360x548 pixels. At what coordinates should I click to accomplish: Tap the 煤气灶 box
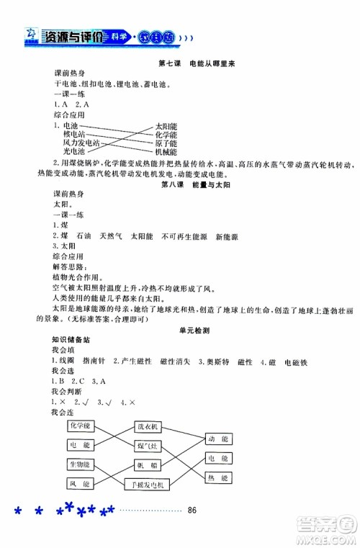point(148,446)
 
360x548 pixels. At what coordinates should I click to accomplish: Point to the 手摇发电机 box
point(151,486)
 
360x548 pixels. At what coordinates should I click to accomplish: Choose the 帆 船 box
point(148,466)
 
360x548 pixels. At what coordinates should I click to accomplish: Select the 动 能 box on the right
point(218,438)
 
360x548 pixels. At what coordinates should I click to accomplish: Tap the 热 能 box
point(218,478)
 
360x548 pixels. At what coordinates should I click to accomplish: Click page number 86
point(192,511)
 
